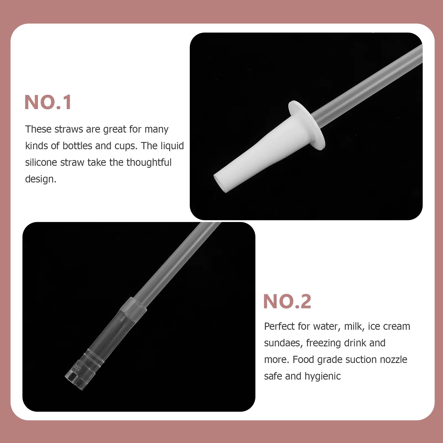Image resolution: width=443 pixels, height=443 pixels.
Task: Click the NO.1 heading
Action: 48,102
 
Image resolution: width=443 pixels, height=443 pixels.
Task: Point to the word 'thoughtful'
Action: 149,163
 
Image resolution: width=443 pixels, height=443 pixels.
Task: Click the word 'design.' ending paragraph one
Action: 41,179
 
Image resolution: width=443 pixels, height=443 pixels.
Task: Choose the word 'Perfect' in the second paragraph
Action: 279,326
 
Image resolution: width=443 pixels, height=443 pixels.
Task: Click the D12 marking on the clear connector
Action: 77,368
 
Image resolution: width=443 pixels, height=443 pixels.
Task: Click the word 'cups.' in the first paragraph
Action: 126,146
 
